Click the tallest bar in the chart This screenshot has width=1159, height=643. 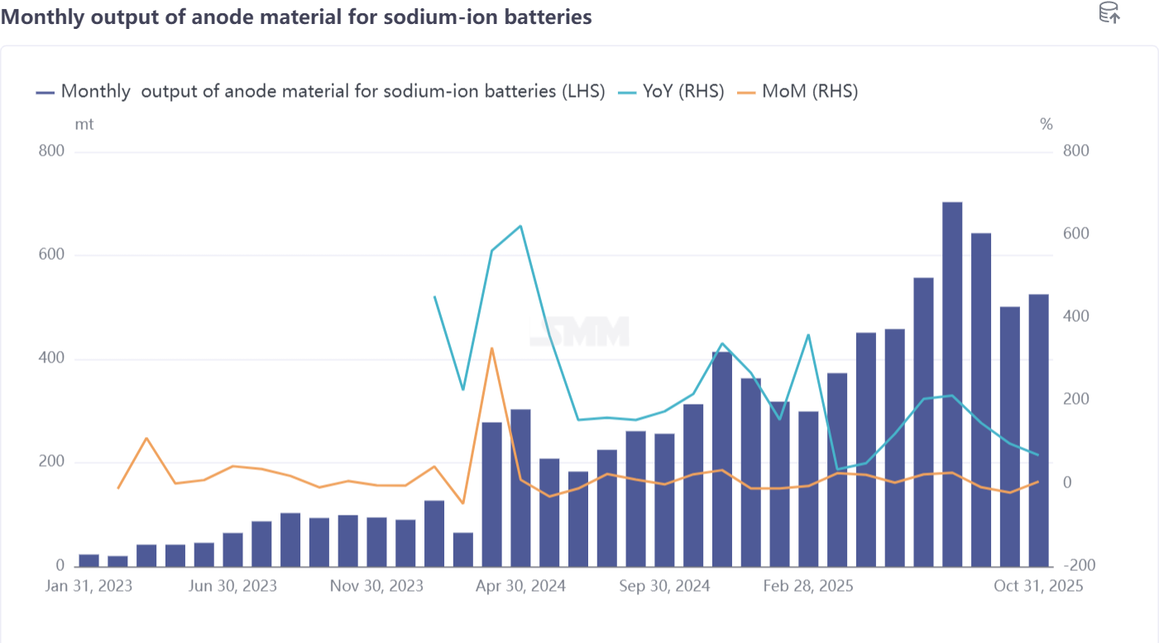click(x=952, y=384)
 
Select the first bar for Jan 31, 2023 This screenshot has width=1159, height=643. click(x=89, y=560)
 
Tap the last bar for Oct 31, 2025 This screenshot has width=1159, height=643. click(x=1038, y=430)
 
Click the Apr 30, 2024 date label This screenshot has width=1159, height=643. click(x=520, y=586)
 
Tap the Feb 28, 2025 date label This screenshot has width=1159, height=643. click(x=807, y=586)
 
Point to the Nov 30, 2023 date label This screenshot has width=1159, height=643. click(x=376, y=586)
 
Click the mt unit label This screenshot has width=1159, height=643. click(x=84, y=124)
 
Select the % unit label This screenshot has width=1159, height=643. click(x=1046, y=124)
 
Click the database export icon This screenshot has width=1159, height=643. click(x=1109, y=13)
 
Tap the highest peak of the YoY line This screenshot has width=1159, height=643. click(x=520, y=225)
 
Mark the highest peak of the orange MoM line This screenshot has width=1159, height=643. click(x=491, y=348)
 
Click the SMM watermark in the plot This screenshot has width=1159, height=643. click(x=580, y=331)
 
